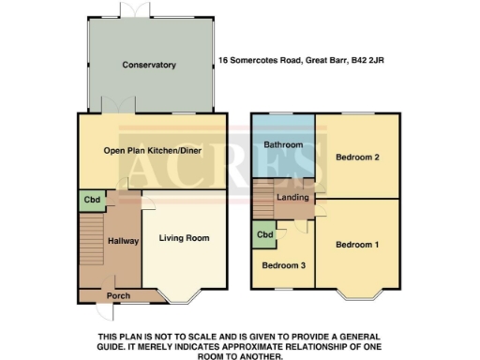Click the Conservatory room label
[x=149, y=65]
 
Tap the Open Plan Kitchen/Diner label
[x=151, y=150]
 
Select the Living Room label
[x=184, y=238]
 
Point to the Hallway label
[x=123, y=241]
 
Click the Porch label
[x=118, y=295]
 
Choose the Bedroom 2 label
[x=357, y=157]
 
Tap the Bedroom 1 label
[x=357, y=245]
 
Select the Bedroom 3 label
[x=282, y=265]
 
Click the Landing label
[x=293, y=197]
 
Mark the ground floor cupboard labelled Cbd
[x=92, y=200]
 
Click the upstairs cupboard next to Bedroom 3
[x=264, y=234]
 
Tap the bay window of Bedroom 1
[x=357, y=298]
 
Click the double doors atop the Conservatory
[x=132, y=8]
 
